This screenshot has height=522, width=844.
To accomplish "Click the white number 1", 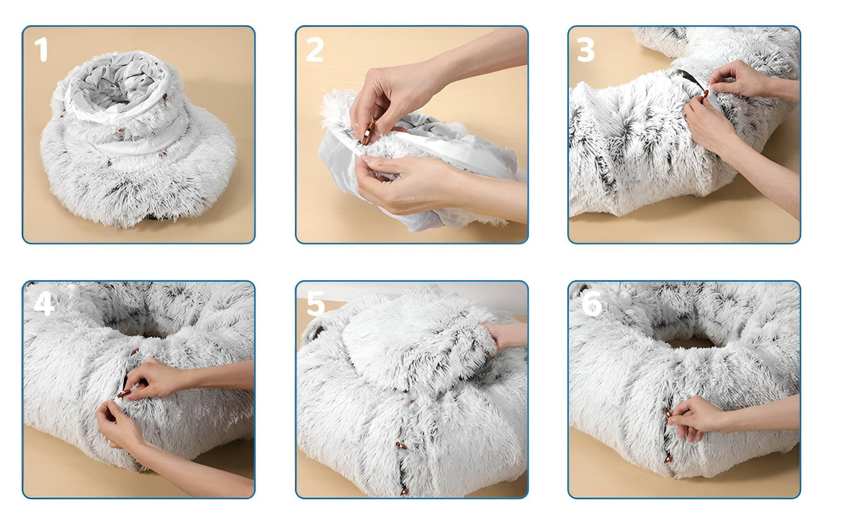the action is [41, 49].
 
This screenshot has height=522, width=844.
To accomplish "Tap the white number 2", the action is [314, 49].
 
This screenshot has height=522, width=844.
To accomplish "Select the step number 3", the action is [585, 49].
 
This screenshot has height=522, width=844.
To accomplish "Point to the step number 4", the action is [44, 304].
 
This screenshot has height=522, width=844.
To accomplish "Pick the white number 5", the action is [315, 304].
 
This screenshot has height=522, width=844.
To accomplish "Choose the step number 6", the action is [592, 304].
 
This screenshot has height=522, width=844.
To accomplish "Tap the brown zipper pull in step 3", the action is [704, 94].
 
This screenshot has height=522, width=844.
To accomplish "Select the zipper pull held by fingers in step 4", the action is [124, 394].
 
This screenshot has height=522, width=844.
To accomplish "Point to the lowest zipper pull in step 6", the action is [668, 459].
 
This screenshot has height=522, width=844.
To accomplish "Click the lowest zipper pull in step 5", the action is [405, 492].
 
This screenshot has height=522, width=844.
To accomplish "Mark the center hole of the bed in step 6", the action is [690, 341].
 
